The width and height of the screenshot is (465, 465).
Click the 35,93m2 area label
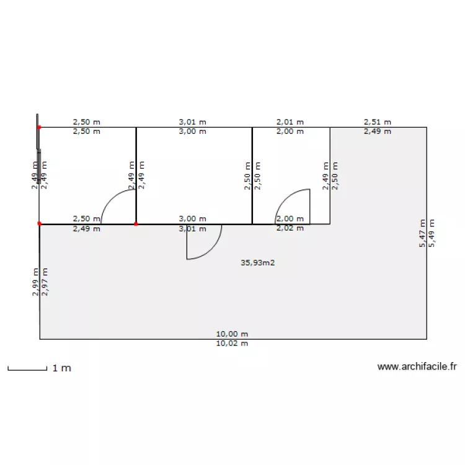pyautogui.click(x=258, y=263)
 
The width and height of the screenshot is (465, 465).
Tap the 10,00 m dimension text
pyautogui.click(x=232, y=334)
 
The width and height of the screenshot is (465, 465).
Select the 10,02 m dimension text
pyautogui.click(x=232, y=343)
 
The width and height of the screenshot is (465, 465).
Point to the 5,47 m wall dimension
pyautogui.click(x=422, y=233)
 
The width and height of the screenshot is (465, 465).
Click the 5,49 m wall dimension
pyautogui.click(x=432, y=233)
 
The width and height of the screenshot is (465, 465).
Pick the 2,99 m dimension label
pyautogui.click(x=35, y=282)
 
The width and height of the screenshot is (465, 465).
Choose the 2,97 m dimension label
pyautogui.click(x=45, y=282)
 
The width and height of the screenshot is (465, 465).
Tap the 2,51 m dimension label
pyautogui.click(x=377, y=122)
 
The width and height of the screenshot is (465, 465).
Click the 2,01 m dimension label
pyautogui.click(x=290, y=122)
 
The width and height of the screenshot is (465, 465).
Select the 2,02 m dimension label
pyautogui.click(x=290, y=228)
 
